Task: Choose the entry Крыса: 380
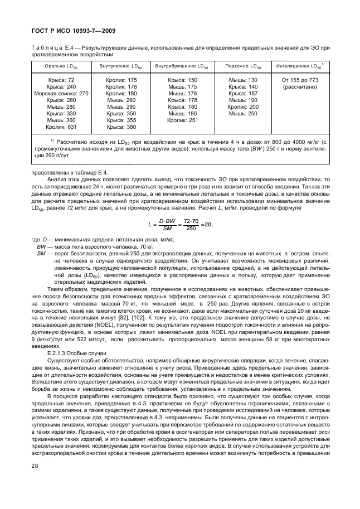coord(121,127)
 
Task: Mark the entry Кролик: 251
coord(183,120)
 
